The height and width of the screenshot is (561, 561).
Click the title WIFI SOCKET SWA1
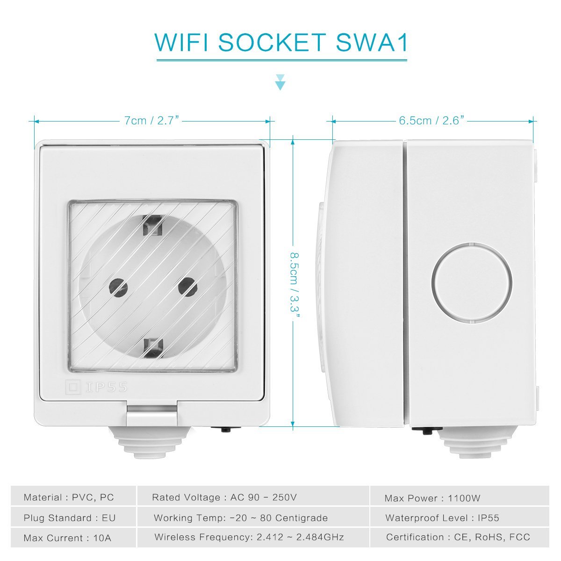[281, 43]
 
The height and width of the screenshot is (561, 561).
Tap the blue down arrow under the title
[280, 82]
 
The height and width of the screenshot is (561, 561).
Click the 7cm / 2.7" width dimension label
[151, 120]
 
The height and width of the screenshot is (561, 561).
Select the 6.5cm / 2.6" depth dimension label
[432, 120]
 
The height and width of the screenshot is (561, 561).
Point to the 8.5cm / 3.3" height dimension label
[295, 285]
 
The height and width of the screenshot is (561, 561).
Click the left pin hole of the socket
[118, 287]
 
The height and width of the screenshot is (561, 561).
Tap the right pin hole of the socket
[187, 286]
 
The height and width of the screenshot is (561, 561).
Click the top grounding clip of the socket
[152, 225]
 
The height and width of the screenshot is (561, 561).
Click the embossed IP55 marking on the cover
[97, 387]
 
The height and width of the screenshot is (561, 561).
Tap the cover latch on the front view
[151, 415]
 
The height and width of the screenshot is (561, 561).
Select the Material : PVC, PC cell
[73, 497]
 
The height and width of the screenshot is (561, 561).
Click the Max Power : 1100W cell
[459, 498]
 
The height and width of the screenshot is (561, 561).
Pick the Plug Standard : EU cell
[73, 518]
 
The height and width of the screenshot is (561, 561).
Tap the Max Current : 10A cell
[73, 538]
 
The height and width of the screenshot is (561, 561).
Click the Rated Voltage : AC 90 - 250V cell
[253, 497]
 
